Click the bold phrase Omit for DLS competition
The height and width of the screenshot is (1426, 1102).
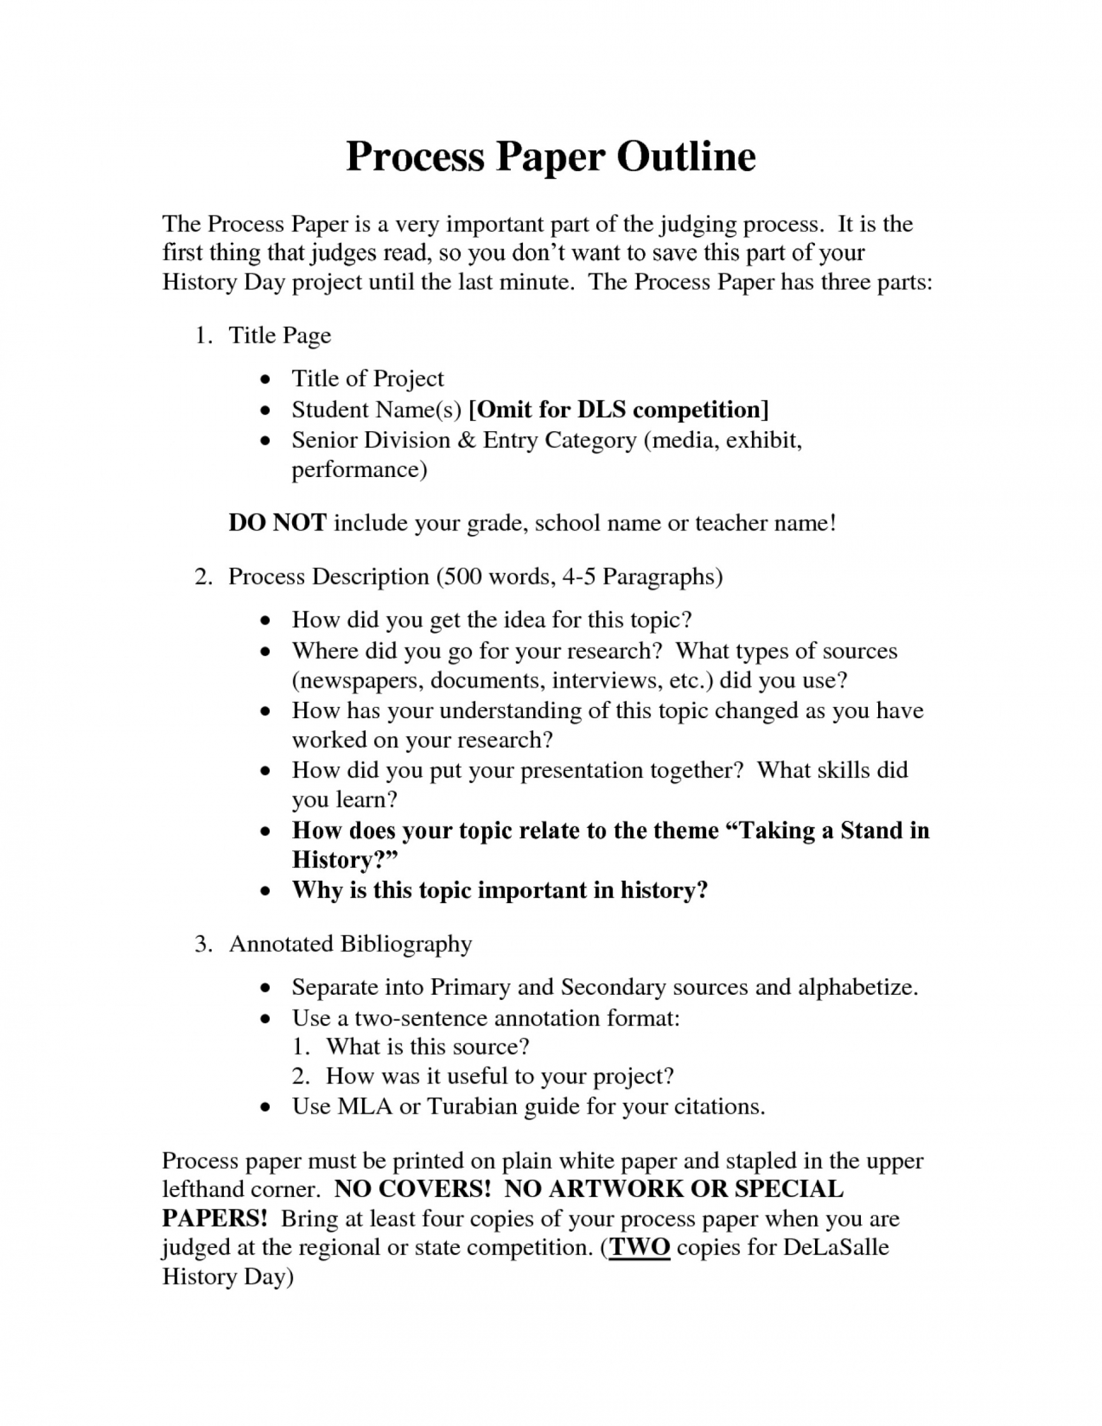(x=618, y=409)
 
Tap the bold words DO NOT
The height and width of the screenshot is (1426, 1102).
(x=277, y=523)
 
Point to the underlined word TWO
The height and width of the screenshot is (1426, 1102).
(x=639, y=1246)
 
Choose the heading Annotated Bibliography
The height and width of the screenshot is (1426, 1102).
(x=350, y=943)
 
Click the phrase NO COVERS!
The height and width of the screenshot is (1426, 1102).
(x=412, y=1189)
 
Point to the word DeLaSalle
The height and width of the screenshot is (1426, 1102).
(x=835, y=1246)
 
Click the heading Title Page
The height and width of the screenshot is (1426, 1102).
(x=279, y=335)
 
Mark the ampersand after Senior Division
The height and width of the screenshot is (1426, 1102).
(x=467, y=440)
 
